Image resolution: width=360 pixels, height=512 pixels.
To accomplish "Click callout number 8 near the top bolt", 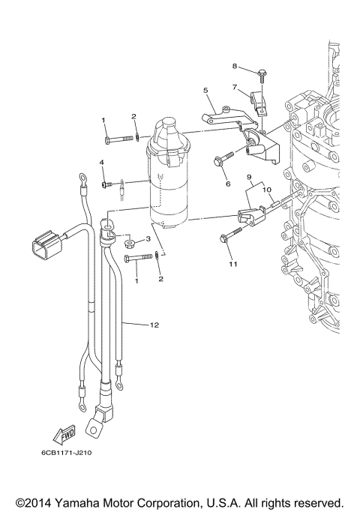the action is pos(234,66).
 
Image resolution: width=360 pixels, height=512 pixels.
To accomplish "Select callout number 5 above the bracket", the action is pos(205,90).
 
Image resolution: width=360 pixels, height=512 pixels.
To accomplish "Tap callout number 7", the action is pos(234,87).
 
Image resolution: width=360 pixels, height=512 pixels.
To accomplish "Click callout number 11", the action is pos(233,264).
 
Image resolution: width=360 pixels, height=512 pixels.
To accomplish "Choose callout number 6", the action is pos(228,184).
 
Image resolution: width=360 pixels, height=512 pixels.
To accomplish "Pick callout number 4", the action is pos(102,162).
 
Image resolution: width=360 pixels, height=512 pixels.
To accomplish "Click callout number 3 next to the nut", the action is pos(148,238).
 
